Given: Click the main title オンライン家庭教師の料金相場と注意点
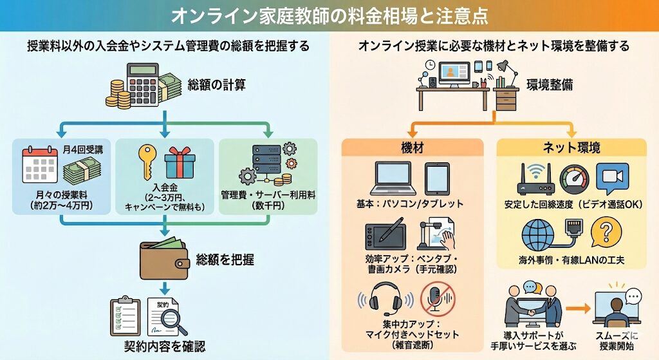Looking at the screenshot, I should point(329,15).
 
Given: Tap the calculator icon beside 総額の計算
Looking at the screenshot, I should point(145,84).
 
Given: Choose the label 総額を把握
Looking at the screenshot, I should point(225,260).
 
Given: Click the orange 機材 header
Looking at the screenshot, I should point(412,147).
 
